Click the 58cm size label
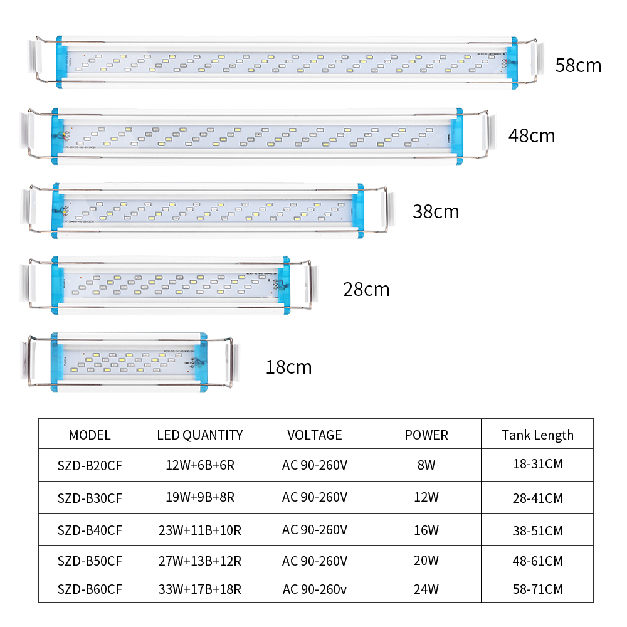pos(578,66)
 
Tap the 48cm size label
pos(532,136)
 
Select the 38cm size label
pos(436,211)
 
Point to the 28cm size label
pos(366,290)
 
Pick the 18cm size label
pos(288,367)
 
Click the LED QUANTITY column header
pos(200,435)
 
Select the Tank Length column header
pos(537,435)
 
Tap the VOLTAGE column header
pos(315,435)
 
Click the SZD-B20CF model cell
pos(90,466)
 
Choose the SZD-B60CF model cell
pos(90,589)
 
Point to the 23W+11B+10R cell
pos(200,530)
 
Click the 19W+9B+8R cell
pos(200,497)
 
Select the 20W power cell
pos(426,561)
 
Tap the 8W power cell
pos(426,465)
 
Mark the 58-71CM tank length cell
pos(537,589)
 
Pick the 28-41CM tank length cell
pos(537,498)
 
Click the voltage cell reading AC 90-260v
pos(315,589)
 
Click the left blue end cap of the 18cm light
pos(57,362)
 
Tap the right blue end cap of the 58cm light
pos(512,63)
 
